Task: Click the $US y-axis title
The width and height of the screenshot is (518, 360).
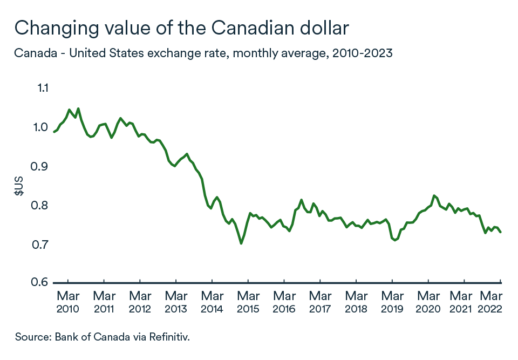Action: [x=19, y=186]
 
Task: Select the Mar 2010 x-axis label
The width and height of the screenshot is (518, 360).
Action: [x=68, y=302]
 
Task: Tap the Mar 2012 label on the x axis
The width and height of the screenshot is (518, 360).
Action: [x=140, y=302]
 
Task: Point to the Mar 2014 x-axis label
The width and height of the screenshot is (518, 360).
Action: [x=212, y=302]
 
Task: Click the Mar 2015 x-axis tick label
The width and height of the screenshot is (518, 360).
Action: [x=248, y=302]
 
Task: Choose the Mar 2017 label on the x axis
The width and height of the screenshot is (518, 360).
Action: [x=320, y=302]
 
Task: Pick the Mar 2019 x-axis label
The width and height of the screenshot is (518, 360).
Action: [x=392, y=302]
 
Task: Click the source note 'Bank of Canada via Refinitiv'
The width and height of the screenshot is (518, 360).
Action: [x=103, y=337]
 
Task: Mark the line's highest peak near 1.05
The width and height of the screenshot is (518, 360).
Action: [x=78, y=108]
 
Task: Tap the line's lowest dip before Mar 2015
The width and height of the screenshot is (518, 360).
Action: [x=241, y=243]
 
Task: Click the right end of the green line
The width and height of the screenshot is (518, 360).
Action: [x=500, y=232]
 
